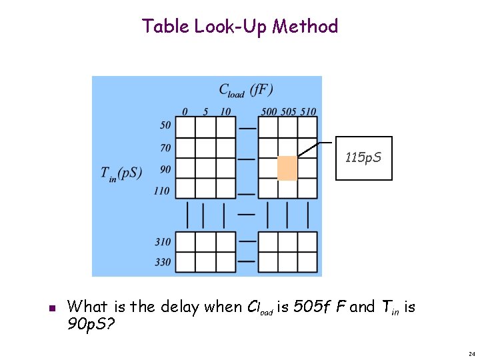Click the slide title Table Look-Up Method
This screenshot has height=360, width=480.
(x=240, y=27)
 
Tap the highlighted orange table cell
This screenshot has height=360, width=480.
(x=287, y=167)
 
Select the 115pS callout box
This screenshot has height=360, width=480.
(x=363, y=159)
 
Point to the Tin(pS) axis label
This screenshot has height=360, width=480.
(x=121, y=173)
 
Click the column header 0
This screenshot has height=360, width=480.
(x=185, y=111)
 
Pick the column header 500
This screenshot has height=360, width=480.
(x=269, y=111)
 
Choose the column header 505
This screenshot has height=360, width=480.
(x=288, y=111)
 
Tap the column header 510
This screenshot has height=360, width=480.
(x=307, y=111)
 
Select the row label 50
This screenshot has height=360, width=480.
(x=165, y=125)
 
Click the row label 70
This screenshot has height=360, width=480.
(x=165, y=147)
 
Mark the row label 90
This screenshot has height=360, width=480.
(x=165, y=169)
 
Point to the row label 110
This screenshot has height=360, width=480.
(x=162, y=191)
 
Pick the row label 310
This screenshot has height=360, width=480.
(x=163, y=242)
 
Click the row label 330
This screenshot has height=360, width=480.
(x=163, y=262)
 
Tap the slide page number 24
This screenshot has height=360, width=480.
(x=471, y=354)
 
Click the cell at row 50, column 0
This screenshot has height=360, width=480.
(x=185, y=127)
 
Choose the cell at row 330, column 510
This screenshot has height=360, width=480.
(x=307, y=262)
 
